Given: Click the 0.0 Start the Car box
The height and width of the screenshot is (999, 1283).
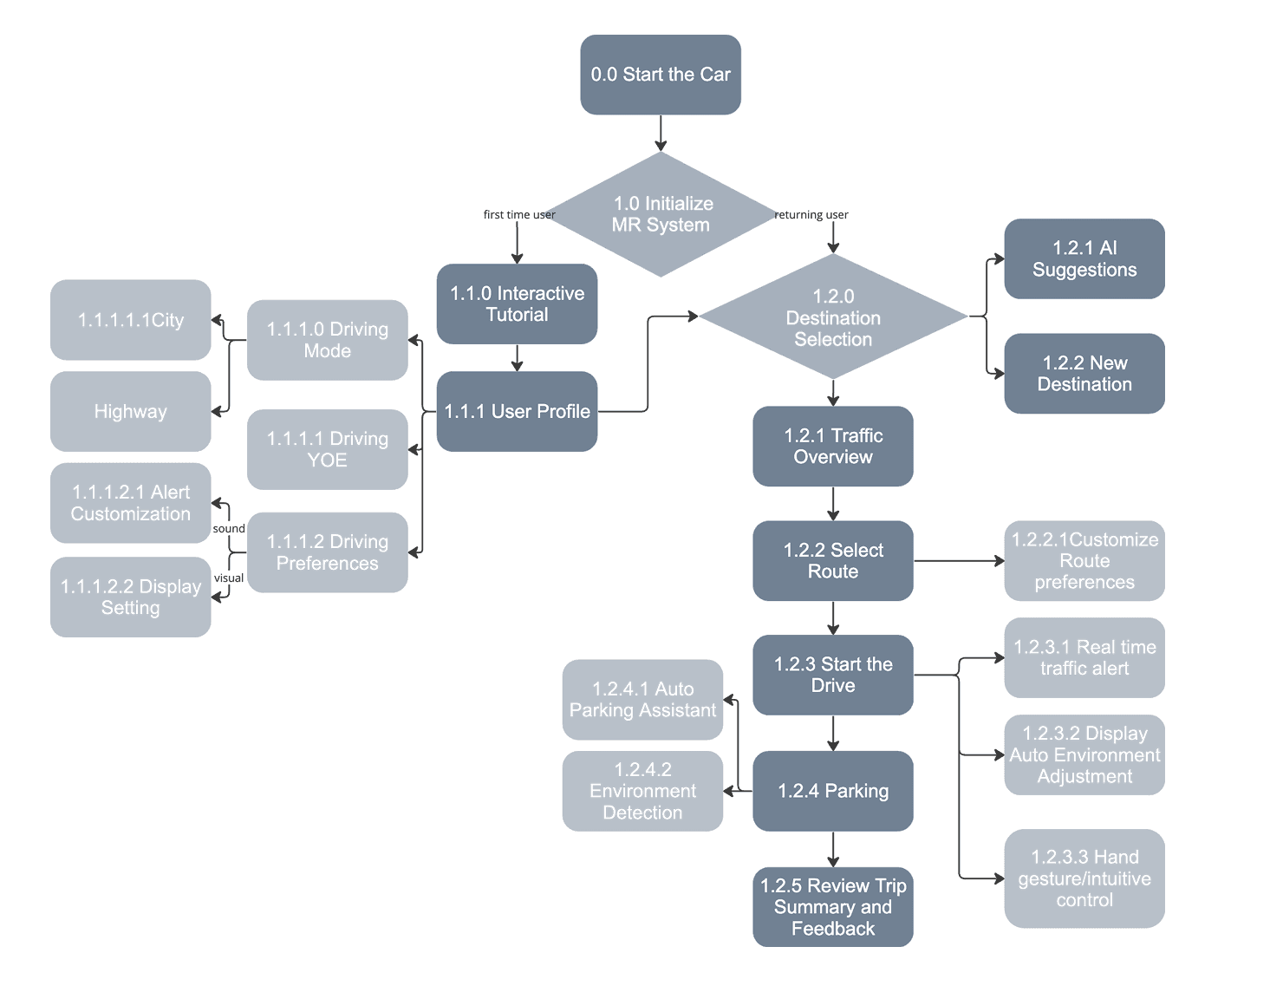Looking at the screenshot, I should (x=661, y=75).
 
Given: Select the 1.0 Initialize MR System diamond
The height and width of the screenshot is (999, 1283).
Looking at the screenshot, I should (x=661, y=214).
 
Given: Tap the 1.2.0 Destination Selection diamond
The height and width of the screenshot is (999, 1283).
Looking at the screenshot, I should (x=833, y=317).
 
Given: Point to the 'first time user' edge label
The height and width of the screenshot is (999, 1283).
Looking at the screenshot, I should (x=518, y=214).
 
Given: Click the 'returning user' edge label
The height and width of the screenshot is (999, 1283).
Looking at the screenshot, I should (x=811, y=214).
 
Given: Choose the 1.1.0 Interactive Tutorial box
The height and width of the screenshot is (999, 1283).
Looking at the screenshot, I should (x=517, y=304).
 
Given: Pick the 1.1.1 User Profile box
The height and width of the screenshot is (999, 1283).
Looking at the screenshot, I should (x=517, y=411).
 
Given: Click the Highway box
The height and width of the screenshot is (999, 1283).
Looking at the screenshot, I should (x=131, y=411).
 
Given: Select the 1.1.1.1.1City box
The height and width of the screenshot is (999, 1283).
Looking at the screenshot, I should (x=131, y=320).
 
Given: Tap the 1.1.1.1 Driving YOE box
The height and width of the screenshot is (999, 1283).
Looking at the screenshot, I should (x=328, y=449).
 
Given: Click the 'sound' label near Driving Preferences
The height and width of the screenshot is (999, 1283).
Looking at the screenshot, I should (x=229, y=528).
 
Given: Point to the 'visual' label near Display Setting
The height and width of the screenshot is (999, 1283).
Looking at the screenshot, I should (x=229, y=578).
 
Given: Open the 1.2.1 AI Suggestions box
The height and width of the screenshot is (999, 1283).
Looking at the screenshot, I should (x=1084, y=258).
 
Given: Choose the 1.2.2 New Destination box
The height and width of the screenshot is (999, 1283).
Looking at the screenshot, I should (x=1084, y=374).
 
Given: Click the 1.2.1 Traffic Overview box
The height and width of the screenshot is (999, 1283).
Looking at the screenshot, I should (x=833, y=446).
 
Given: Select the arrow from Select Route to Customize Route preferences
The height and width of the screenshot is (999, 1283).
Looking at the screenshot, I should (x=958, y=561).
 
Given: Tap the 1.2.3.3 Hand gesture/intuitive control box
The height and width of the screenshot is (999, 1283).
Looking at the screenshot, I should (x=1084, y=878).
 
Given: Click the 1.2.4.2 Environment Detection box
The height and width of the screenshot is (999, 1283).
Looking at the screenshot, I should (x=642, y=791).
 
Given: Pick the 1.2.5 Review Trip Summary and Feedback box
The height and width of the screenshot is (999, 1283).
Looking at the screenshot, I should (x=833, y=907).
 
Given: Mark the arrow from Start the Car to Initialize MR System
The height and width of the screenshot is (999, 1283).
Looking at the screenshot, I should (x=661, y=134).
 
